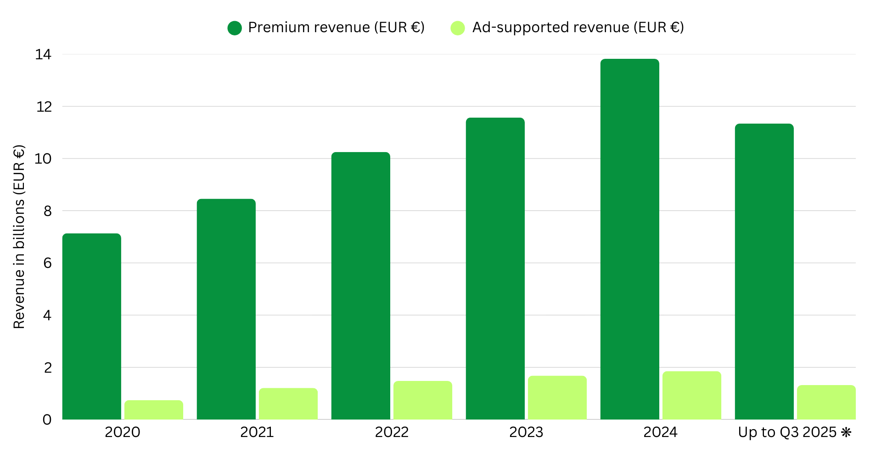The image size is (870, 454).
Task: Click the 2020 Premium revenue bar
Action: tap(92, 326)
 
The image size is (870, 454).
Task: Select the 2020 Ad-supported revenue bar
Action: tap(154, 410)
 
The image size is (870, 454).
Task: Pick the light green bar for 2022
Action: tap(423, 400)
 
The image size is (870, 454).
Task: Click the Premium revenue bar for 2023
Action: tap(495, 268)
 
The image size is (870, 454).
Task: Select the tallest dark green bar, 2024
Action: tap(630, 239)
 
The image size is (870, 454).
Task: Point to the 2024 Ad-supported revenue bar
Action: tap(692, 395)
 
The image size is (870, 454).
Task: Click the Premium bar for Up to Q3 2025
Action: tap(764, 271)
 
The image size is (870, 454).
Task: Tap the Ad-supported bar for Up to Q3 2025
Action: tap(826, 402)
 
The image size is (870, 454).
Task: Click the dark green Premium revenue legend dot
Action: tap(235, 28)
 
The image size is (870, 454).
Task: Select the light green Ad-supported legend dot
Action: tap(458, 28)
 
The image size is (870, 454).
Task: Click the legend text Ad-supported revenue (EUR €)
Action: tap(578, 28)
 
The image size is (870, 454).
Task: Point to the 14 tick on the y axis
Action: tap(43, 55)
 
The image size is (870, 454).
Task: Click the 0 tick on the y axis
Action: tap(47, 420)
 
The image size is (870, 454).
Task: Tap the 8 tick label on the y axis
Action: tap(47, 211)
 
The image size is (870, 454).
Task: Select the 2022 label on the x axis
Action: tap(392, 432)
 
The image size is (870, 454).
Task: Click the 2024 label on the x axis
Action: tap(660, 432)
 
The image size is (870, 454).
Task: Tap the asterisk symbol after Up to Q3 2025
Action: tap(846, 432)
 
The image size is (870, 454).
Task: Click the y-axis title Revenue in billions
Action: tap(19, 237)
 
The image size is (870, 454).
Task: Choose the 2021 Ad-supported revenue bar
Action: tap(288, 404)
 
